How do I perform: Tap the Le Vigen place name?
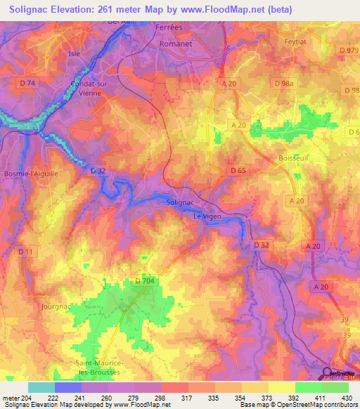[x=207, y=216]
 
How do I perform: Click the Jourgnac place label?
[x=56, y=306]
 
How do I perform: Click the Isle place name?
[x=75, y=53]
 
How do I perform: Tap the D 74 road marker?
[x=26, y=83]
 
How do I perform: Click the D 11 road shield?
[x=25, y=251]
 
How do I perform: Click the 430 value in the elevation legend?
[x=347, y=398]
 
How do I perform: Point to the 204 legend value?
[x=28, y=398]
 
